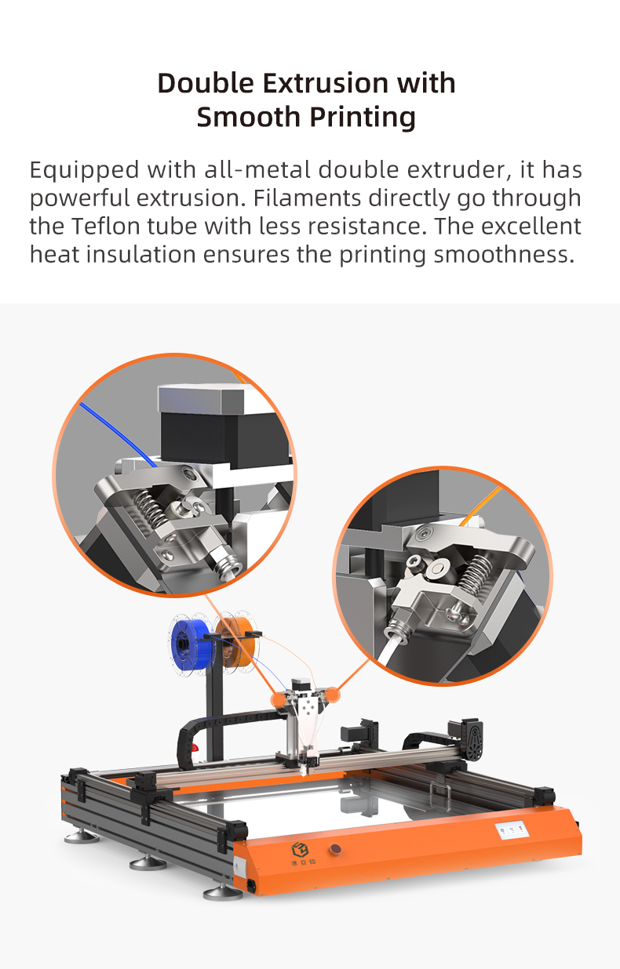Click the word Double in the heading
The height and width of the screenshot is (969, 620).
pyautogui.click(x=206, y=83)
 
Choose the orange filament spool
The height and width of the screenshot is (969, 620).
pyautogui.click(x=237, y=641)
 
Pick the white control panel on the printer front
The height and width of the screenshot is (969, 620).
pyautogui.click(x=512, y=829)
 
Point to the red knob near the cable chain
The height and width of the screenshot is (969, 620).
pyautogui.click(x=195, y=757)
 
